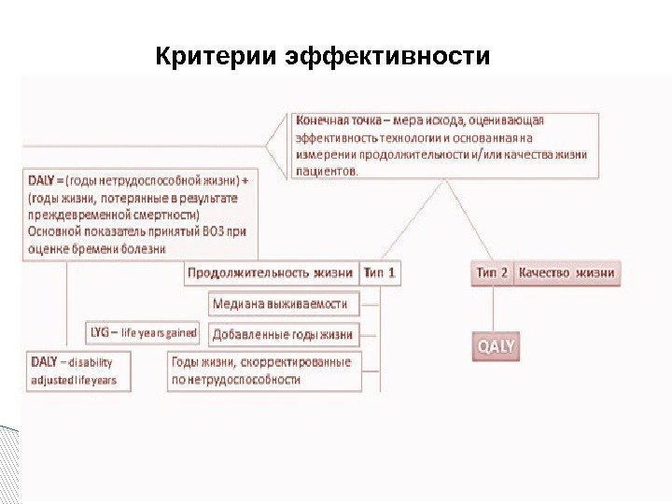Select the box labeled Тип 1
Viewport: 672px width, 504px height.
(x=379, y=273)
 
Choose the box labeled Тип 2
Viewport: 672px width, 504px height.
(x=492, y=273)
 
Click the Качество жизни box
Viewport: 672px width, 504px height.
(x=567, y=273)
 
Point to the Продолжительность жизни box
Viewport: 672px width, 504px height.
(x=271, y=273)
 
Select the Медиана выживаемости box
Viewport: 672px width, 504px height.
(x=280, y=303)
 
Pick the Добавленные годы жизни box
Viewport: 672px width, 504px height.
(x=283, y=333)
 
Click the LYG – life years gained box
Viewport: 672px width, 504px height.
(x=143, y=332)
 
